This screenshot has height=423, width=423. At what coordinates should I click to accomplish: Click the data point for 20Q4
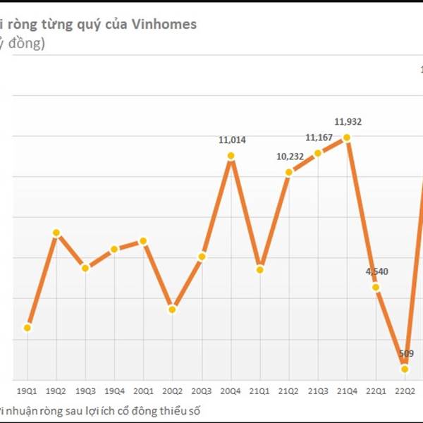pos(231,156)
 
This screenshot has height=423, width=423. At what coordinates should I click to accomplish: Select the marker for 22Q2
pos(405,369)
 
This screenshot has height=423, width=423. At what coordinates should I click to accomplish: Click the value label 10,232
pos(290,156)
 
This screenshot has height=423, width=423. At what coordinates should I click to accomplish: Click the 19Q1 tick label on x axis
pos(27,390)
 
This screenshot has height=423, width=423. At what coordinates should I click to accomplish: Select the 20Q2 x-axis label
pos(172,390)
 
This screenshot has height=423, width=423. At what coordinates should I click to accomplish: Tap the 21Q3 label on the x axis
pos(317,390)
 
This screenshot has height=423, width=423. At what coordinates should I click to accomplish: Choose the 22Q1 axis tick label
pos(376,390)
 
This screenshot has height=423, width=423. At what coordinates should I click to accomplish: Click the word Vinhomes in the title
pos(169,24)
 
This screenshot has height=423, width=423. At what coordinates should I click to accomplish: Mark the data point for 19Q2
pos(56,233)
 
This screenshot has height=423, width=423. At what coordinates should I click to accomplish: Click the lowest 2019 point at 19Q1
pos(27,327)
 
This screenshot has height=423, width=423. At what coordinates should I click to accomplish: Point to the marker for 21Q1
pos(260,269)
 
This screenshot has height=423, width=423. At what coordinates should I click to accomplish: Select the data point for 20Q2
pos(173,309)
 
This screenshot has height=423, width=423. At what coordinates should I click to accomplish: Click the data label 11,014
pos(232,140)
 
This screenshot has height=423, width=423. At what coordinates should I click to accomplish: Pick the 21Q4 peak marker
pos(347,137)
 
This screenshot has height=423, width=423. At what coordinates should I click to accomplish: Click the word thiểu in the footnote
pos(181,410)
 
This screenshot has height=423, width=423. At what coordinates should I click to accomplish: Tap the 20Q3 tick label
pos(201,390)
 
